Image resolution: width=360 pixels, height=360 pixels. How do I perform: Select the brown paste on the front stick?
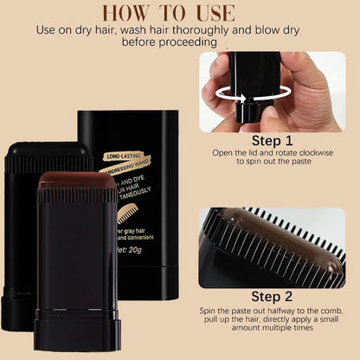pos(76,181)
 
